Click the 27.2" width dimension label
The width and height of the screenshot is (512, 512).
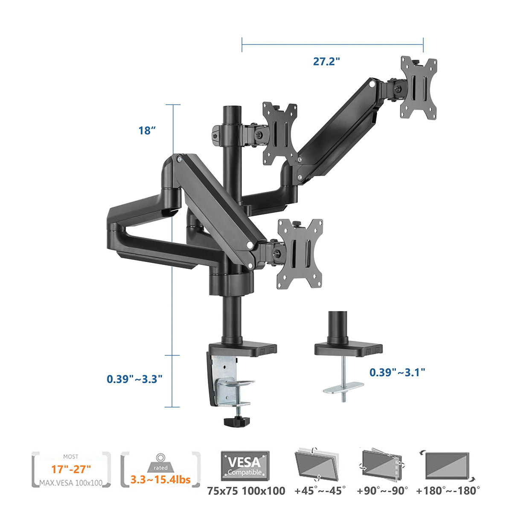point(326,61)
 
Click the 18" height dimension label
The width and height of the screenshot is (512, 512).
point(145,131)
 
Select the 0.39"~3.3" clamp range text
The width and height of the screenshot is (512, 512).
point(134,379)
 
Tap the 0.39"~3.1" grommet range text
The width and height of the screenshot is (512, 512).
point(397,372)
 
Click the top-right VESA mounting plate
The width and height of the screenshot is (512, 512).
point(419,87)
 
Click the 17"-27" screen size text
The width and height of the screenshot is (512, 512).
point(71,469)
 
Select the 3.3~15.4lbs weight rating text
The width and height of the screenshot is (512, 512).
point(160,480)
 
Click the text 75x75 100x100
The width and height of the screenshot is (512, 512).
point(246,491)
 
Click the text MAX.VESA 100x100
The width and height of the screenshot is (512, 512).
point(71,483)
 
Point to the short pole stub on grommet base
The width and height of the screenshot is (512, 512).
point(337,325)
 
